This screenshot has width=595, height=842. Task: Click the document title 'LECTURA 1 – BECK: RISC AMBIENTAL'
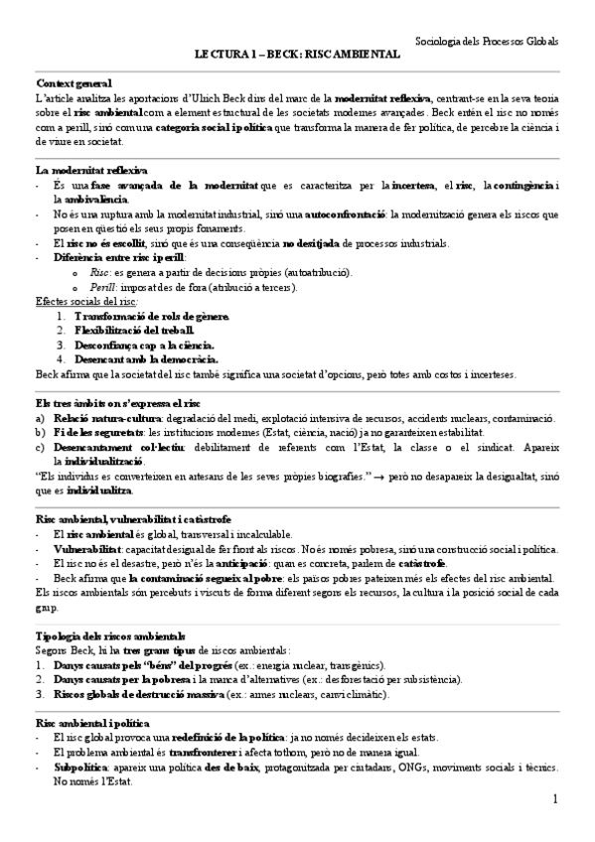[297, 57]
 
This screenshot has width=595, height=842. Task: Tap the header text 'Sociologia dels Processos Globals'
[486, 42]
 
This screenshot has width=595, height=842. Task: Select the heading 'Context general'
[74, 83]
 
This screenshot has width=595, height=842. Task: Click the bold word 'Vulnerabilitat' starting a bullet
[87, 548]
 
